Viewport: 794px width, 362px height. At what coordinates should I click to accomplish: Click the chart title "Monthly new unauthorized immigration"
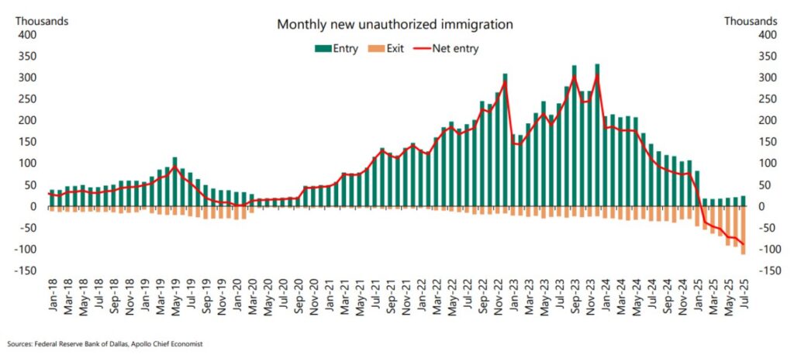tap(395, 24)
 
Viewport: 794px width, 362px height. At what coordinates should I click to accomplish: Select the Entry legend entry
tap(337, 48)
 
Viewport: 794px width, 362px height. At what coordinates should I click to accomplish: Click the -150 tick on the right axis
tap(766, 271)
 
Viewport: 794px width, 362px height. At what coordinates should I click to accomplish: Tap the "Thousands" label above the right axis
tap(751, 21)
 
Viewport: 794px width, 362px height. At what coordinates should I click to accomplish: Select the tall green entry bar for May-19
tap(175, 182)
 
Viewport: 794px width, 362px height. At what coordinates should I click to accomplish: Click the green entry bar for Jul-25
tap(743, 201)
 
